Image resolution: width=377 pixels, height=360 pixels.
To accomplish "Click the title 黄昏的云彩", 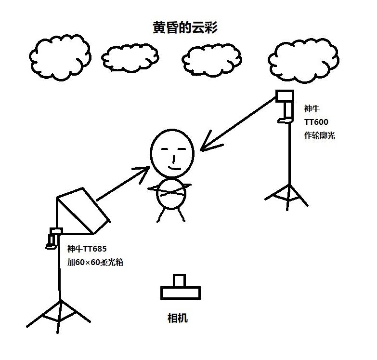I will coord(185,27).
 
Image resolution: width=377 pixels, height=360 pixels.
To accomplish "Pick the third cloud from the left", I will coord(211,59).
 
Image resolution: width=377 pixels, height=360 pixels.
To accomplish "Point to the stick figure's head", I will coord(172,150).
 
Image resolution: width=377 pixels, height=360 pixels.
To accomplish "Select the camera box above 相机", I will coord(180,289).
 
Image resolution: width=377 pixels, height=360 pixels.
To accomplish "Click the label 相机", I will coord(177,318).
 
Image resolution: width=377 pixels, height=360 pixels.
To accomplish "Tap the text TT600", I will coord(316,122).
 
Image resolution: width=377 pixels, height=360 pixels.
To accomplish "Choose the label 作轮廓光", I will coord(319,135).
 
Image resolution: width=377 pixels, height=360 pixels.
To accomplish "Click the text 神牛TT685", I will coord(87,249).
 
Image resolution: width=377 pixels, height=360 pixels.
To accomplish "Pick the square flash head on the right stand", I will coord(284,96).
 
